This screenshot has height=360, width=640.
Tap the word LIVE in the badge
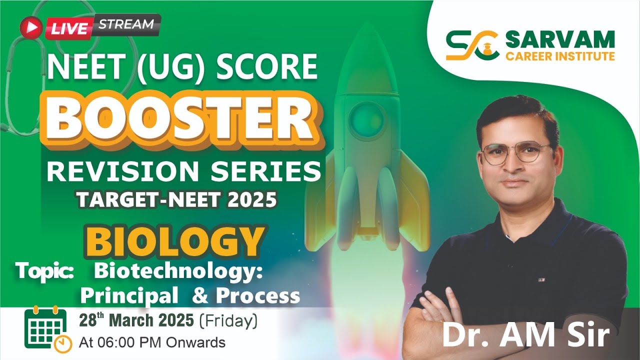68,28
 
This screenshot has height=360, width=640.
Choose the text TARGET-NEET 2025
176,199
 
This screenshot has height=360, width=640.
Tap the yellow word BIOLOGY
175,242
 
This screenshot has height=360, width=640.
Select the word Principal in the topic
129,296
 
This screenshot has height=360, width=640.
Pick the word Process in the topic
258,296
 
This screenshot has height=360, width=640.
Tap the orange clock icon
63,343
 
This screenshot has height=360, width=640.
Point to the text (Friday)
228,320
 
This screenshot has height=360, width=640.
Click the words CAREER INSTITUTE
560,55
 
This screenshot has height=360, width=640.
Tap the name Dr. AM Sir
525,336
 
